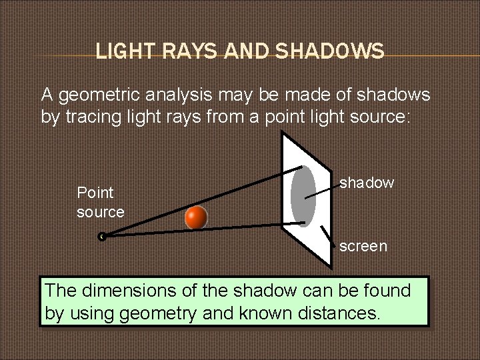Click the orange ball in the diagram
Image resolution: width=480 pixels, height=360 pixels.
[x=196, y=217]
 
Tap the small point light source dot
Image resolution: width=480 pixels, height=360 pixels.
[x=101, y=235]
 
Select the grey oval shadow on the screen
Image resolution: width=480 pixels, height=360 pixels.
[x=303, y=189]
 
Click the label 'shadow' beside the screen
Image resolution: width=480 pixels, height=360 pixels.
[x=367, y=183]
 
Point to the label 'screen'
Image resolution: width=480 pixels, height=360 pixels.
[x=363, y=246]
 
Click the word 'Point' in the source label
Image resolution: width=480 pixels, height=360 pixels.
[x=95, y=193]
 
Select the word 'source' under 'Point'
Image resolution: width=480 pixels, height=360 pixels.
[x=101, y=212]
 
